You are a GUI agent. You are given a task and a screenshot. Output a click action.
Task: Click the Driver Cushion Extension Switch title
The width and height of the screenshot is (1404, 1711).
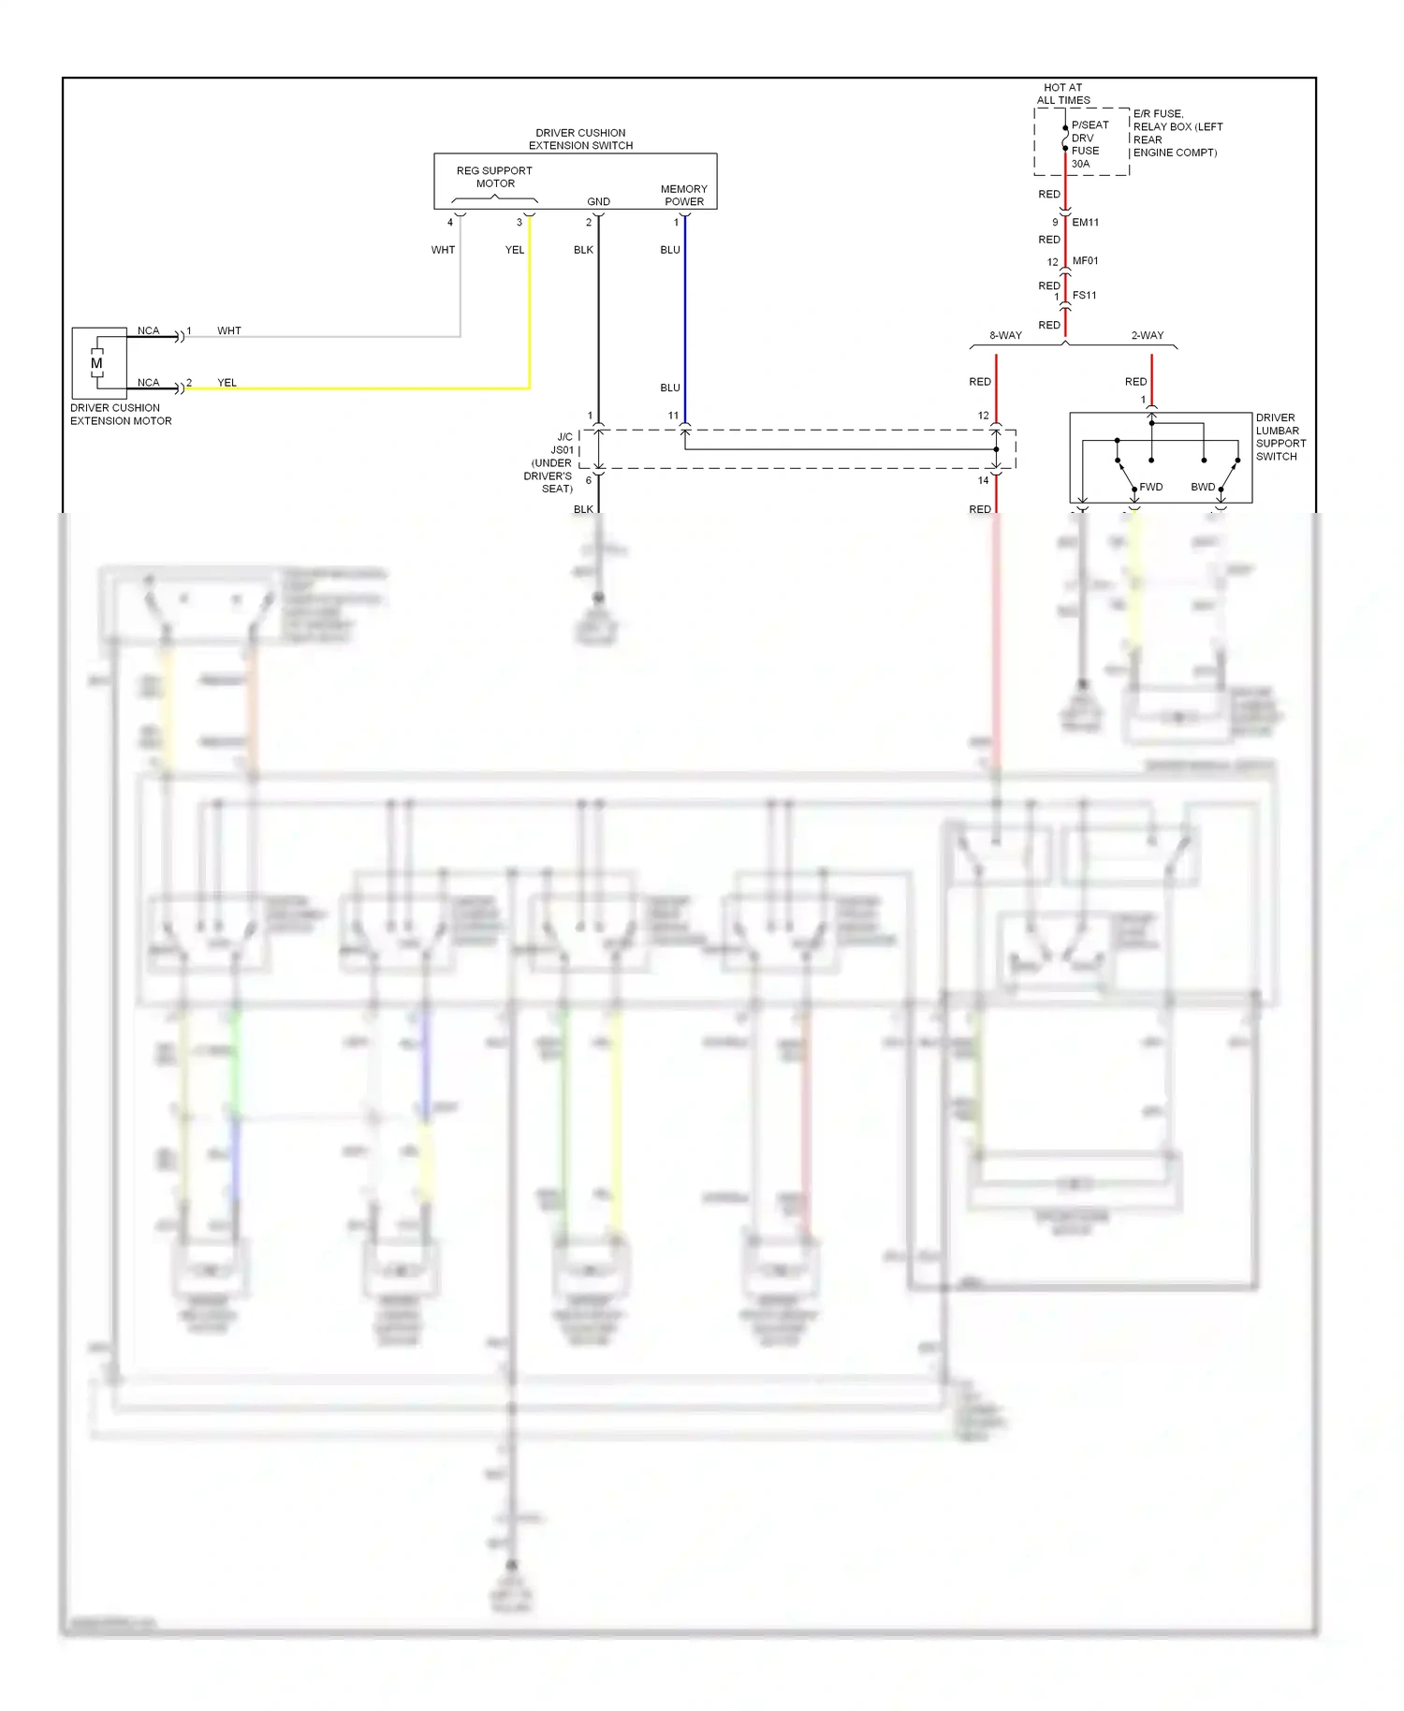[x=580, y=139]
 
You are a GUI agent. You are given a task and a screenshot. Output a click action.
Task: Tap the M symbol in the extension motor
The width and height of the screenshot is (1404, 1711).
[x=96, y=363]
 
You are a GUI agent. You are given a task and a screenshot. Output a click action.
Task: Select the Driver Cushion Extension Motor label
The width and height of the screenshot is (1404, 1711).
[x=121, y=415]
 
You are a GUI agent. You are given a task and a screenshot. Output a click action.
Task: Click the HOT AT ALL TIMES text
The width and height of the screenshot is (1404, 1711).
[x=1062, y=94]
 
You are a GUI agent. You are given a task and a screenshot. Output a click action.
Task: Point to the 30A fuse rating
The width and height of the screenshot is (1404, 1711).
[x=1080, y=164]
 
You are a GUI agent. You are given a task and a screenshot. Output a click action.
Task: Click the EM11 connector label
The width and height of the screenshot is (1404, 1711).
[x=1085, y=223]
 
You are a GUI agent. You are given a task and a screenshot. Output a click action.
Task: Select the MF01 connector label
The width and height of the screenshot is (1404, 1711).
[x=1085, y=261]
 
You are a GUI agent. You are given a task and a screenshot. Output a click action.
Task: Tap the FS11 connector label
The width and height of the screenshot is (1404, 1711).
[x=1084, y=296]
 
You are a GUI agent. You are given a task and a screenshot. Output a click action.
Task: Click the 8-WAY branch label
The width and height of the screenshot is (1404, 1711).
[x=1005, y=335]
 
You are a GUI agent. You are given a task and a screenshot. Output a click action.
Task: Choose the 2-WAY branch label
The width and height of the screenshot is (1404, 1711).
[x=1147, y=335]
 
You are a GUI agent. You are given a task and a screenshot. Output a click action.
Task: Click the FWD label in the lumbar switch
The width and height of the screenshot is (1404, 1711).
[x=1150, y=487]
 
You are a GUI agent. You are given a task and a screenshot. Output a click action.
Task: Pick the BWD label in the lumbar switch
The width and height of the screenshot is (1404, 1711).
[x=1203, y=487]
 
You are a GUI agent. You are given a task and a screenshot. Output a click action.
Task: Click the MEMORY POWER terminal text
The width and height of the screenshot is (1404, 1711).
[x=683, y=195]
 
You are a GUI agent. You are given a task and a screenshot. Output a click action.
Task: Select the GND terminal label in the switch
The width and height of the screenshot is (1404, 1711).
[x=598, y=201]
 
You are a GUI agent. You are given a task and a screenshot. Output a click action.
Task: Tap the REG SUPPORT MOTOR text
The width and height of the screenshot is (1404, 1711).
[x=494, y=177]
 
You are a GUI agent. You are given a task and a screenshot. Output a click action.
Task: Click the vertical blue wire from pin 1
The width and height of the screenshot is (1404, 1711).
[x=685, y=318]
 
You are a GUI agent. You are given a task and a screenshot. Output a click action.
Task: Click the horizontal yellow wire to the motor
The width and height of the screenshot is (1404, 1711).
[x=374, y=388]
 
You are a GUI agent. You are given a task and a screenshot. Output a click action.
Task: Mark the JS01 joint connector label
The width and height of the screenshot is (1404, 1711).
[x=562, y=450]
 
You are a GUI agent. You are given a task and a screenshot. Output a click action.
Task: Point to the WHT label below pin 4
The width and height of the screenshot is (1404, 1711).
[x=443, y=250]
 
